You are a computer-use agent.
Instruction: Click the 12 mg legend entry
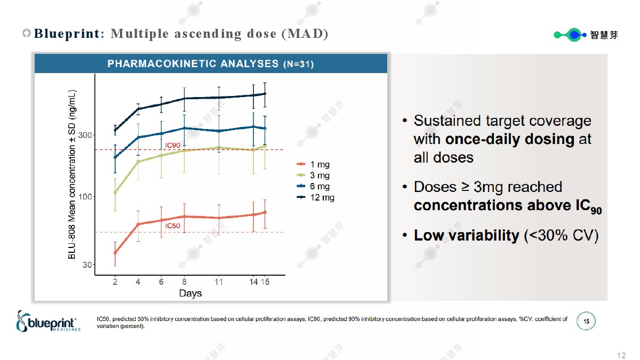coord(316,197)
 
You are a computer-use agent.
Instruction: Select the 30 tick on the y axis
coord(87,265)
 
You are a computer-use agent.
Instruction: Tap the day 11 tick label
coord(219,282)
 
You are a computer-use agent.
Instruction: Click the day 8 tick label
coord(184,282)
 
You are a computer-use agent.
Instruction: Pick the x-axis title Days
coord(190,293)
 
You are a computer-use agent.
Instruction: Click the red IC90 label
coord(173,145)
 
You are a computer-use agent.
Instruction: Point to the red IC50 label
coord(172,226)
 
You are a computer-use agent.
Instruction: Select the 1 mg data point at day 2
coord(115,252)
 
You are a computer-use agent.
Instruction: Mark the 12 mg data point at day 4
coord(138,109)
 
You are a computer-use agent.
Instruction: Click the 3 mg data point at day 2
coord(115,193)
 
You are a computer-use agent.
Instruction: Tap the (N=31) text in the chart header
coord(298,65)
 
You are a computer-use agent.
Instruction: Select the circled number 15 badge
coord(586,322)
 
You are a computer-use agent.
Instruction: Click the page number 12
coord(621,356)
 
